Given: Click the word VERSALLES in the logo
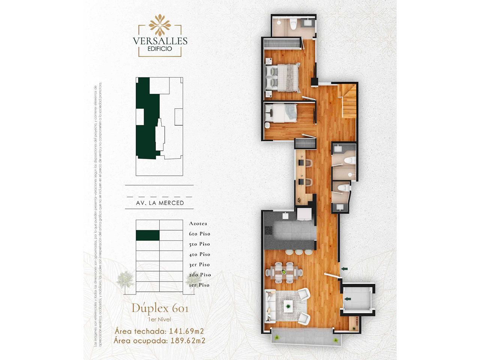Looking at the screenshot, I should click(160, 41).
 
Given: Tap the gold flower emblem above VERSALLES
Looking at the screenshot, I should click(160, 25).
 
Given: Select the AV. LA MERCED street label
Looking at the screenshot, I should click(160, 203).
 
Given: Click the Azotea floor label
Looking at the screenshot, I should click(198, 223).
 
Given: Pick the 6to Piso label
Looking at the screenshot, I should click(199, 234).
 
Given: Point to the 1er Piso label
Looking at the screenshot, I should click(199, 285).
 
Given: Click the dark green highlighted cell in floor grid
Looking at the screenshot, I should click(147, 235).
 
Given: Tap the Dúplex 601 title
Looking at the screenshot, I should click(160, 309).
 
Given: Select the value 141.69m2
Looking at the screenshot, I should click(186, 331).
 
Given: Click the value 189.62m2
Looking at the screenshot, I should click(188, 340).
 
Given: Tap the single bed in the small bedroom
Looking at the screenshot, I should click(282, 113).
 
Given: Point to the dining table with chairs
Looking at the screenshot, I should click(284, 273).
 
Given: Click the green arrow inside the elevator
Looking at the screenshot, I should click(348, 299).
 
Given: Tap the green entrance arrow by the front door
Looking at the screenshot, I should click(344, 268).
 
